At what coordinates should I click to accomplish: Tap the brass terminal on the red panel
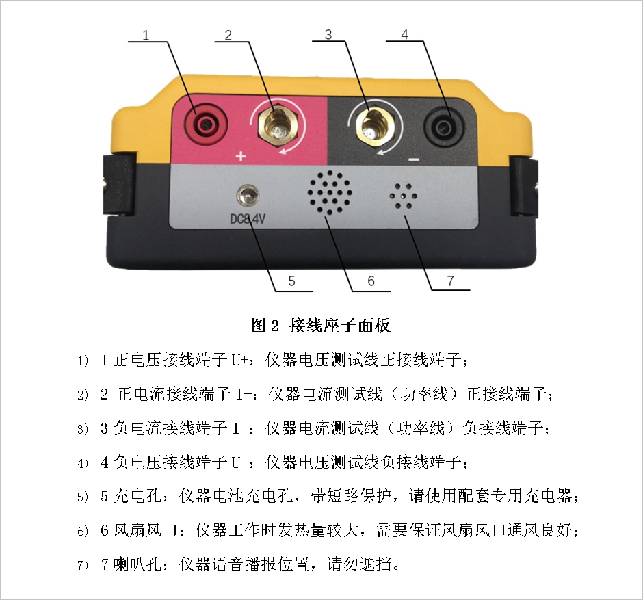click(278, 125)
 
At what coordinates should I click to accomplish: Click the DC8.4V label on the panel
click(247, 220)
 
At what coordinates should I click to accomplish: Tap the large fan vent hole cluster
click(330, 193)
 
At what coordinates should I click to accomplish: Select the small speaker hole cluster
click(404, 196)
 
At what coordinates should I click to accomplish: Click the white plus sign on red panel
click(241, 156)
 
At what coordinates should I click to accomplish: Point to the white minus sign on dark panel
click(414, 159)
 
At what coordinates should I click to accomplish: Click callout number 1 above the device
click(146, 35)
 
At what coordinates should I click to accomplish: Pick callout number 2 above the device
click(228, 35)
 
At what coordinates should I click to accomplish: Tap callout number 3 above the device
click(328, 34)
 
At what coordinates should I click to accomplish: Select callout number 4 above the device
click(405, 34)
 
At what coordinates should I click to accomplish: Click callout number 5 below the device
click(291, 281)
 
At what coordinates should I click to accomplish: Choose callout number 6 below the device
click(371, 281)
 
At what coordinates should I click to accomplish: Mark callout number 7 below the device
click(450, 281)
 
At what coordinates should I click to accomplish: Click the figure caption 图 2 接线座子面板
click(320, 326)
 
